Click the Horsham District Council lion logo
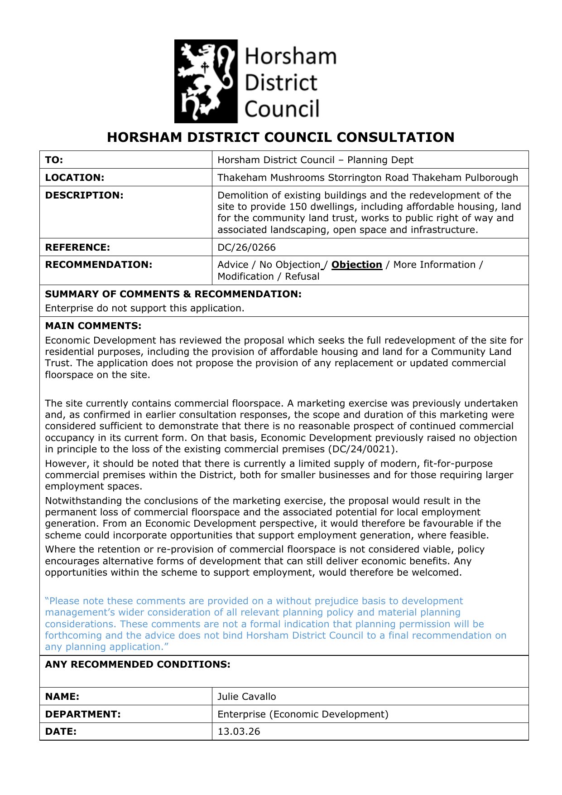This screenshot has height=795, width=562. (206, 81)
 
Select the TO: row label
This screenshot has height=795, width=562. (54, 160)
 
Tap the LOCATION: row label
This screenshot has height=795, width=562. (74, 178)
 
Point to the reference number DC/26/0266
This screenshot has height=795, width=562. (246, 247)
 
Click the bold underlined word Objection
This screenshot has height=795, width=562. (356, 265)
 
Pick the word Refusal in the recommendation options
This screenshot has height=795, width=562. (302, 276)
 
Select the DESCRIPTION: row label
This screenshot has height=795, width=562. (84, 195)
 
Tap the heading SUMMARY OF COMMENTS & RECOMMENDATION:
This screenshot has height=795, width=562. (173, 294)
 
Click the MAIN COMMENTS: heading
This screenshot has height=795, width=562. (93, 326)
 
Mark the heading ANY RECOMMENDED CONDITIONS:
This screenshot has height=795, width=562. (137, 664)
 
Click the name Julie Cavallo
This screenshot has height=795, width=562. (246, 697)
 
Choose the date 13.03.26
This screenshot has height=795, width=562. (239, 732)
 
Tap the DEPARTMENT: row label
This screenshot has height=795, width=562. (82, 714)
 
